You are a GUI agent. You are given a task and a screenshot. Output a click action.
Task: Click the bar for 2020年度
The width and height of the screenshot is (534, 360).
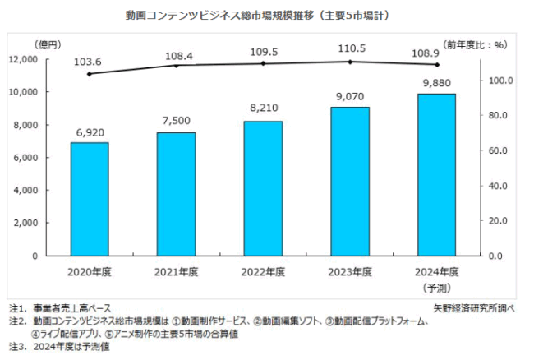tap(89, 199)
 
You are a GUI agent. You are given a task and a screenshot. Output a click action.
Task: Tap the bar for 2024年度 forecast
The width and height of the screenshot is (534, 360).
tap(436, 174)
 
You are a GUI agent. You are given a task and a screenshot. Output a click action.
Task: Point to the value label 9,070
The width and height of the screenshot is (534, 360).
tap(350, 97)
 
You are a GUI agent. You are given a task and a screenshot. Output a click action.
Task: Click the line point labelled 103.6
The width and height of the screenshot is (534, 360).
tap(89, 74)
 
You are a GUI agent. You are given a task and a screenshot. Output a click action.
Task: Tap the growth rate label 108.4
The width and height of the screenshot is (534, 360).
tap(176, 51)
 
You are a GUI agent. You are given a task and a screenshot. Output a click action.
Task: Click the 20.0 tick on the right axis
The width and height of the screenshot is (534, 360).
tap(503, 221)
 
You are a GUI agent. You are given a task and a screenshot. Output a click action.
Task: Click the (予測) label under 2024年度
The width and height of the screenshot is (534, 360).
tap(436, 287)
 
